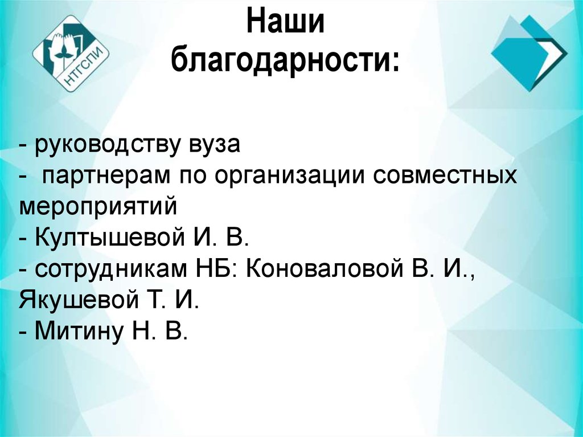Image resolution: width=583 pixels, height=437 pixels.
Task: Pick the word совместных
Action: click(x=446, y=176)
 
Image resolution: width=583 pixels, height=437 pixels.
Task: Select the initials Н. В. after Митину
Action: click(x=163, y=330)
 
